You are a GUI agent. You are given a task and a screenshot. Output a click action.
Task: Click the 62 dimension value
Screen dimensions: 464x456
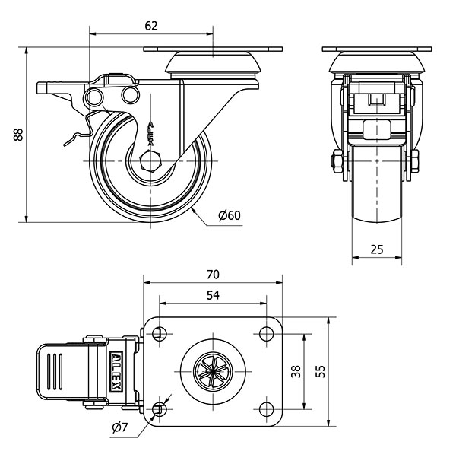pos(150,26)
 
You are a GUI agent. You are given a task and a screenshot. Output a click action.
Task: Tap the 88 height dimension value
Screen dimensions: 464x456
pos(17,135)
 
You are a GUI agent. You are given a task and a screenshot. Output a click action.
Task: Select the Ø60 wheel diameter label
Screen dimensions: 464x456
pos(229,215)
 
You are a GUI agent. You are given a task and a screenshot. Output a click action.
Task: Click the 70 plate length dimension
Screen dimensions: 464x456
pos(213,275)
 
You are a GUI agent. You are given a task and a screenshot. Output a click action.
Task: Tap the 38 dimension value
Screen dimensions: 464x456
pos(296,371)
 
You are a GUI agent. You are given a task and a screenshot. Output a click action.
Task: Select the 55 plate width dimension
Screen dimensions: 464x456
pos(321,371)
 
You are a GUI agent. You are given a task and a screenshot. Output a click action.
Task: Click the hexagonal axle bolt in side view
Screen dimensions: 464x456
pos(150,161)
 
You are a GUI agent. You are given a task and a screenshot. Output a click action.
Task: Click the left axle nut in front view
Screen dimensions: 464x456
pos(335,160)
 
